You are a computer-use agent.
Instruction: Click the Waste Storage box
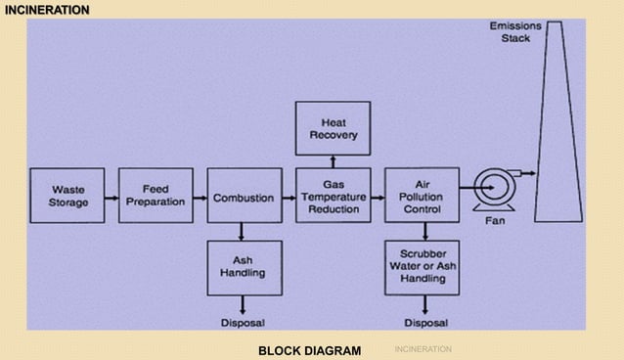(67, 196)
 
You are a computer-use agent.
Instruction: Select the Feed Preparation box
(156, 196)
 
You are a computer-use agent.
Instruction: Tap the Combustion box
(244, 197)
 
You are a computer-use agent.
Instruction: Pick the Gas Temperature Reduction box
(333, 197)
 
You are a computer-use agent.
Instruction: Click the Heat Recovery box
(333, 128)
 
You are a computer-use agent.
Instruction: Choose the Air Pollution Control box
(422, 196)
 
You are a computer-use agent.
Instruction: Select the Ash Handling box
(244, 268)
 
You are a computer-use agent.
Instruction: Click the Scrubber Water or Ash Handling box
(422, 266)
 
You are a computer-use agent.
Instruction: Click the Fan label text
(495, 221)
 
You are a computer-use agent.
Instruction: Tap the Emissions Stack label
(515, 31)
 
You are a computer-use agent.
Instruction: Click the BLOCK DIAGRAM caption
(309, 350)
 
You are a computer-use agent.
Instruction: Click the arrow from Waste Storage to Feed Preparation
(111, 197)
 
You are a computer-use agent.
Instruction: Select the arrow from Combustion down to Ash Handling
(243, 233)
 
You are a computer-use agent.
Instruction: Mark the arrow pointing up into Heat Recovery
(333, 160)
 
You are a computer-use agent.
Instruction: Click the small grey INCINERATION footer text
(423, 349)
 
